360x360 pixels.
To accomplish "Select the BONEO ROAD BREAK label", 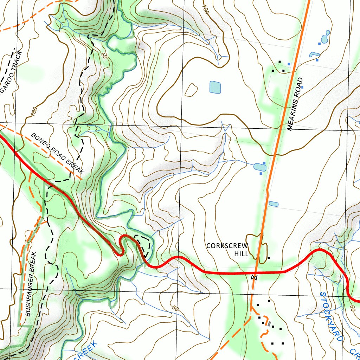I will click(x=58, y=153).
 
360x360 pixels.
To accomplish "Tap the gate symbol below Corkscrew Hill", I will click(x=254, y=278).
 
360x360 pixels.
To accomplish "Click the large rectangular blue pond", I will click(x=215, y=87).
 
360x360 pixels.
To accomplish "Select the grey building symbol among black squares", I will click(x=269, y=324).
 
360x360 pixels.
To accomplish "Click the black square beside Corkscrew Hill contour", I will click(x=269, y=258).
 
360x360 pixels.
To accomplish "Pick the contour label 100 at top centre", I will click(x=206, y=9).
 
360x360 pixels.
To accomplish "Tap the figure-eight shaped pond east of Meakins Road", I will click(x=325, y=36).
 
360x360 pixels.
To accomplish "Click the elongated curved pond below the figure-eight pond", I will click(x=314, y=54).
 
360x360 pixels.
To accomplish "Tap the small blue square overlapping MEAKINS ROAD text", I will click(x=302, y=87).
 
